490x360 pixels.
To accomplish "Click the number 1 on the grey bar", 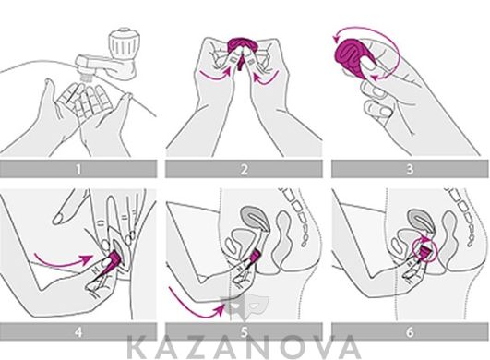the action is coord(78,169).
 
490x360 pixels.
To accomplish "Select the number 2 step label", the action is coord(245,169).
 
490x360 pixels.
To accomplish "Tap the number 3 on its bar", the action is coord(410,169).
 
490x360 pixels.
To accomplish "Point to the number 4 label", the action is coord(78,332).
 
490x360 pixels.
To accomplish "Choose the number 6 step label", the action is coord(410,332).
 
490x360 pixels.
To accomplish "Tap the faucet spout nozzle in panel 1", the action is coord(86,76).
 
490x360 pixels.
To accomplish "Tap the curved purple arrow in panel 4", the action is coord(64,262).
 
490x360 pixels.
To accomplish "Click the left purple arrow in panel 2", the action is coord(216,75).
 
